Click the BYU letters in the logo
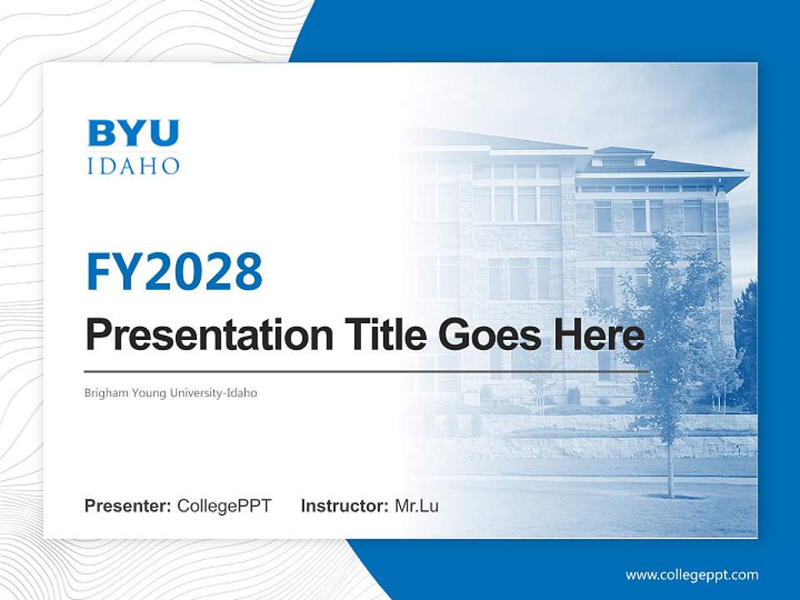tap(133, 133)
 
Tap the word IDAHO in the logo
tap(133, 165)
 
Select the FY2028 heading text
tap(174, 272)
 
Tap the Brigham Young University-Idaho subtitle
tap(171, 392)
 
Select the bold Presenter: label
tap(128, 506)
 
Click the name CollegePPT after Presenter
tap(224, 506)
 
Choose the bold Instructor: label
tap(345, 506)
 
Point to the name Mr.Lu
tap(417, 506)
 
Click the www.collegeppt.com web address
tap(692, 575)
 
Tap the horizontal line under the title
tap(367, 371)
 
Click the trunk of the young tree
tap(668, 467)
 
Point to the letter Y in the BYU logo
tap(133, 133)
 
